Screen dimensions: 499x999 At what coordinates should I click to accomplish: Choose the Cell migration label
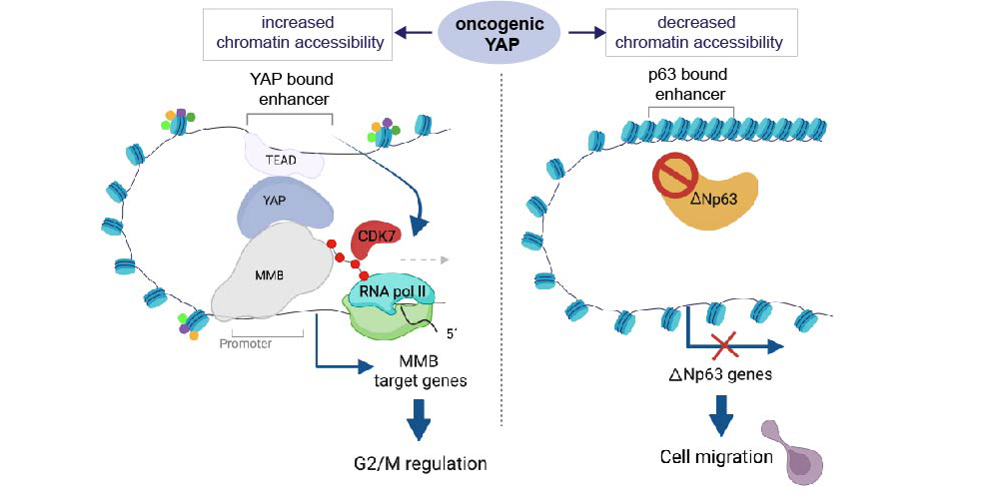click(716, 457)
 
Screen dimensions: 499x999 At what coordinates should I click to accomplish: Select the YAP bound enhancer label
click(291, 89)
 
